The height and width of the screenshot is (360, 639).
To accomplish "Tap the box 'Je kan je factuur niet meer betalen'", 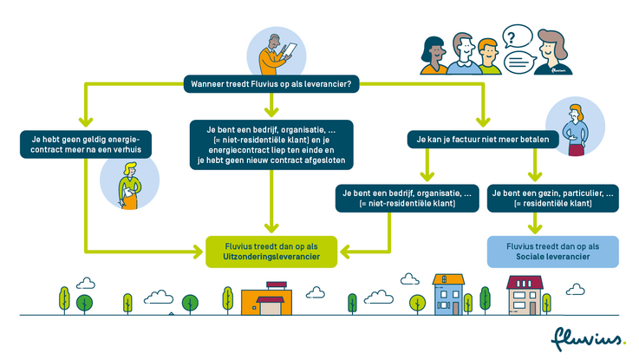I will pos(479,138).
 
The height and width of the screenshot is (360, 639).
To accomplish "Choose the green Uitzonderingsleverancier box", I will pos(271,252).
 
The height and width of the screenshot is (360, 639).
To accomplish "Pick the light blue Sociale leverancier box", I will pos(552,252).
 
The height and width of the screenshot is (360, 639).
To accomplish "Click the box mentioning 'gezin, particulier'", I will pos(552,198).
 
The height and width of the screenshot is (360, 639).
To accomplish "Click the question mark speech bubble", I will pos(517,37).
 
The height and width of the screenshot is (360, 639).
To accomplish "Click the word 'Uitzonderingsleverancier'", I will pos(271,259).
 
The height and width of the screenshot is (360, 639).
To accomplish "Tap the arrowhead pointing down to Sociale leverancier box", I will pos(552,226).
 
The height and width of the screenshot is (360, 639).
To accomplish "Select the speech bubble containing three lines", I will pos(517,62).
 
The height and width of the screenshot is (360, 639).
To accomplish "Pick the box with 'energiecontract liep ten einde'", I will pos(271,144).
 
